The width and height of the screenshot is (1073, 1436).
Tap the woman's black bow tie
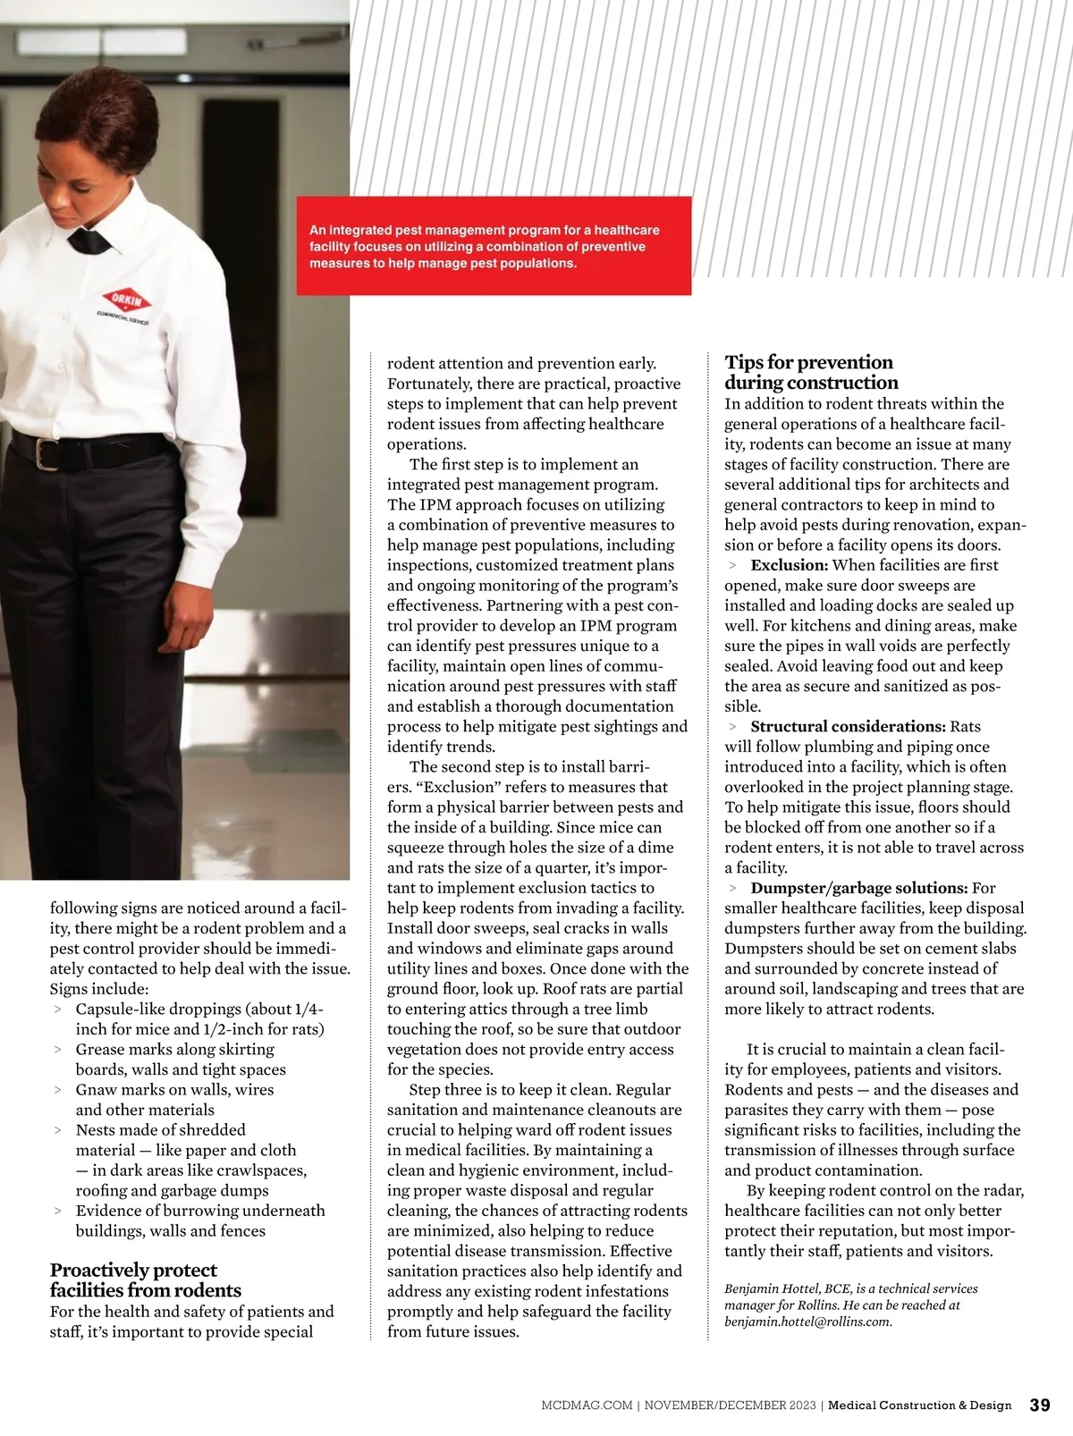pos(89,241)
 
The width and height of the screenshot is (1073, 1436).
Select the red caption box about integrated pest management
pos(494,246)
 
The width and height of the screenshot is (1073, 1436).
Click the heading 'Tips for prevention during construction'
pos(810,372)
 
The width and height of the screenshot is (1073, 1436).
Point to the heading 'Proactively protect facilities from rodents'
pos(146,1280)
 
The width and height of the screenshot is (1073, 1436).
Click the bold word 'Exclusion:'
pos(790,565)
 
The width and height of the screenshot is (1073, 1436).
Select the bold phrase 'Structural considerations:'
pos(848,726)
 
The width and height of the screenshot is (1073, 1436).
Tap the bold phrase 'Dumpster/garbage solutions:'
pos(858,888)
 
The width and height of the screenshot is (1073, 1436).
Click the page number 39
pos(1040,1405)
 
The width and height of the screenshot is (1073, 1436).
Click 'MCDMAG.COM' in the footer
pos(587,1406)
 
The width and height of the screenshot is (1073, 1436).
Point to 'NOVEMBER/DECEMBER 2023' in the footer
pos(730,1406)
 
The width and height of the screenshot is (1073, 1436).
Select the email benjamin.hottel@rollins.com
pos(807,1322)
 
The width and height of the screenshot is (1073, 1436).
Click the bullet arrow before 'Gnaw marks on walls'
pos(58,1090)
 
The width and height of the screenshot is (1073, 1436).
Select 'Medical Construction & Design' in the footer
pos(919,1406)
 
